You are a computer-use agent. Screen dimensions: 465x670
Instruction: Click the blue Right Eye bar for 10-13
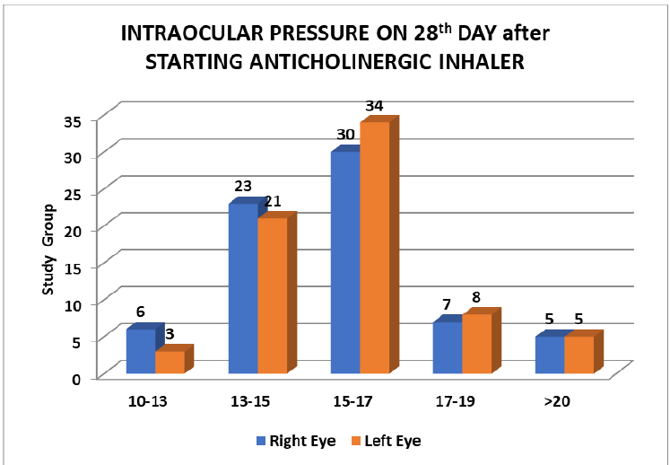140,351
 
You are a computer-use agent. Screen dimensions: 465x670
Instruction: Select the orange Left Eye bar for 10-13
170,362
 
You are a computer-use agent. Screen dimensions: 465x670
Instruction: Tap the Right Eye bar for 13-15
243,288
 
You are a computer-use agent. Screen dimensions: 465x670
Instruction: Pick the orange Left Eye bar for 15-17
374,247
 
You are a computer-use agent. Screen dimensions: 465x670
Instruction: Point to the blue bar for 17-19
447,347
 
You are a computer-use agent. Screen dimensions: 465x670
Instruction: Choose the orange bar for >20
579,355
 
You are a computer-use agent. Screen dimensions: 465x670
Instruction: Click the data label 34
374,106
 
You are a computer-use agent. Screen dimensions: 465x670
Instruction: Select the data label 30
345,136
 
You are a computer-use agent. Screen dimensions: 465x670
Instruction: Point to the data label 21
273,201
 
